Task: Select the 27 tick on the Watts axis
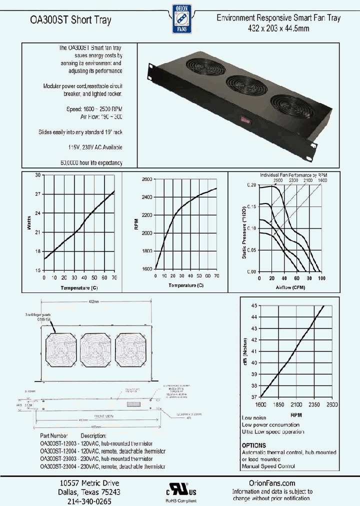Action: (x=38, y=194)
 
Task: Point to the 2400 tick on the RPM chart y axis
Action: (x=147, y=197)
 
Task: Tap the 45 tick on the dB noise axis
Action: (x=254, y=305)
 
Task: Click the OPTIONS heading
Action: (x=254, y=445)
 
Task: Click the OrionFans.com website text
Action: (x=271, y=483)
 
